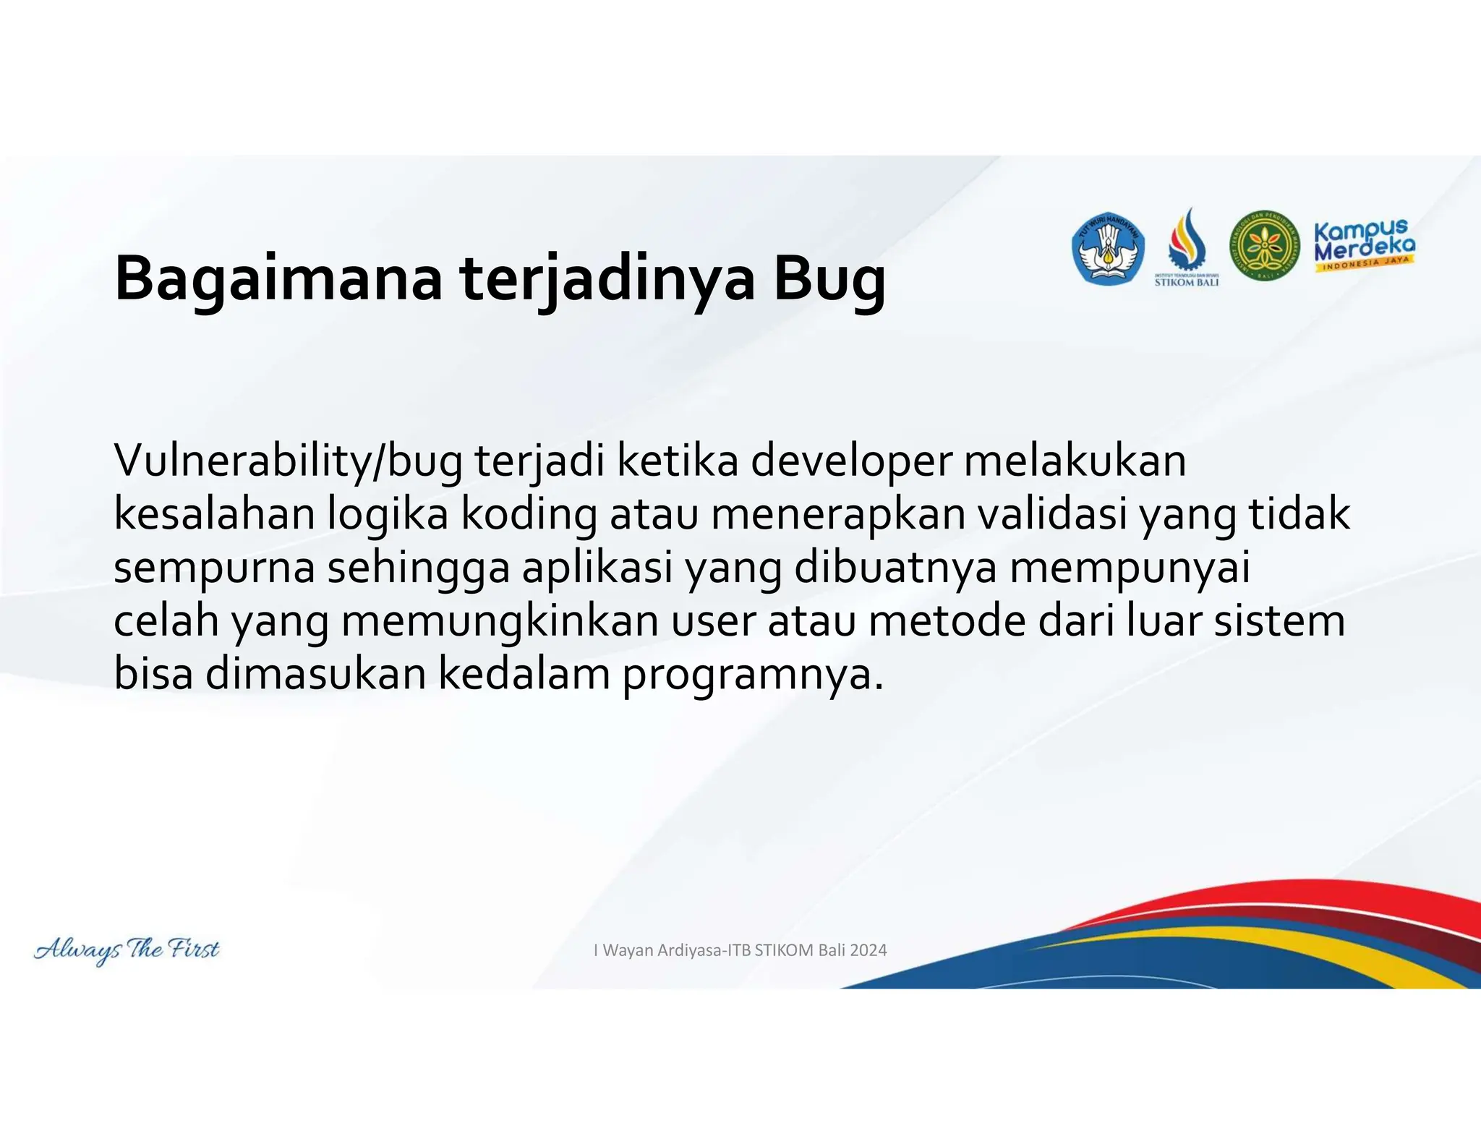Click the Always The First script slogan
(x=127, y=949)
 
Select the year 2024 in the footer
(x=868, y=950)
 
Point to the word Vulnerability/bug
(x=288, y=461)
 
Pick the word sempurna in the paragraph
(x=214, y=568)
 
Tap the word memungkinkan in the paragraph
(x=500, y=622)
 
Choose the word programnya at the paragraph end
(x=752, y=675)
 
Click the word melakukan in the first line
(x=1075, y=461)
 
